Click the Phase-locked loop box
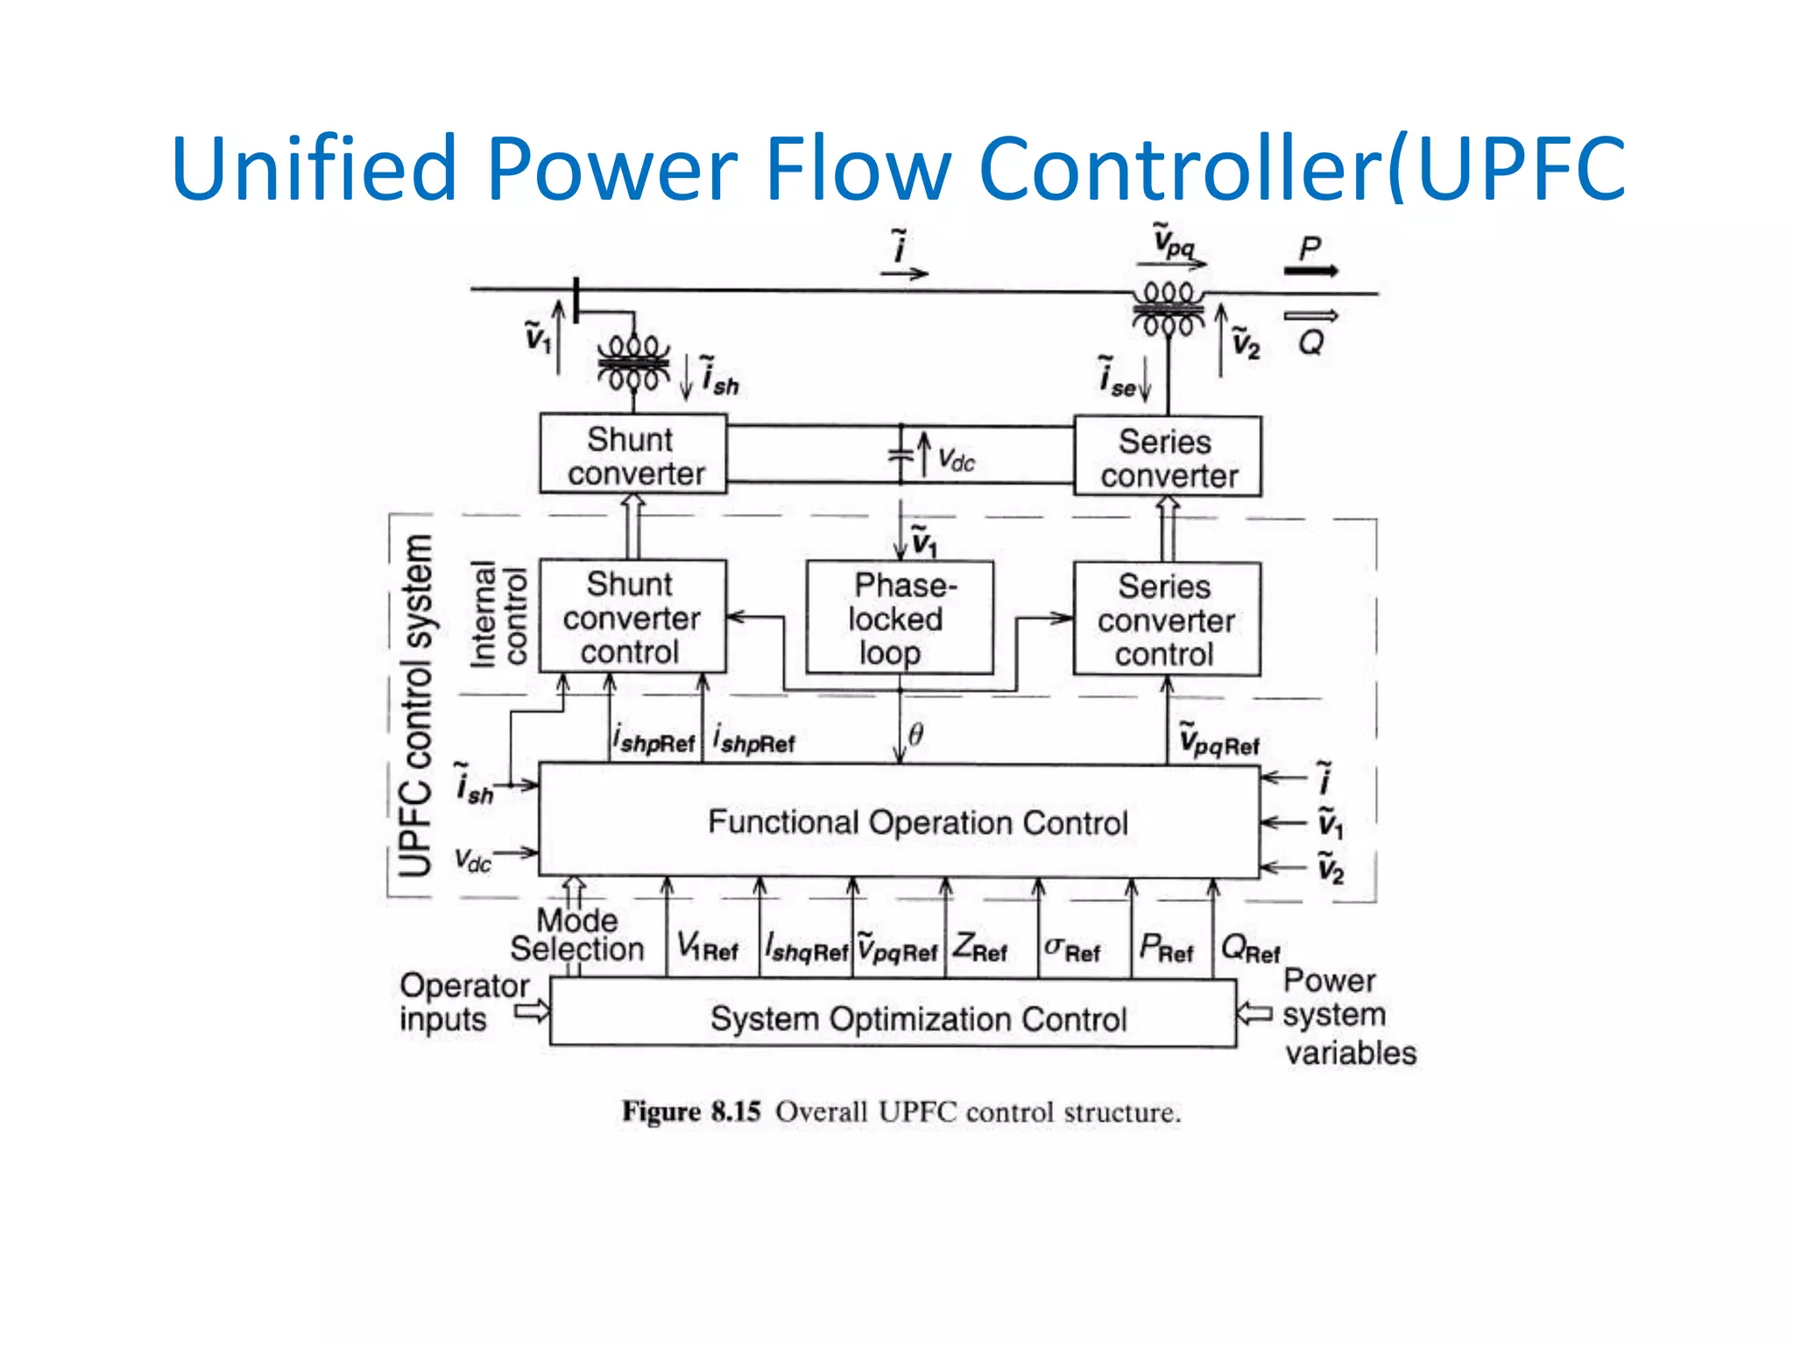[900, 618]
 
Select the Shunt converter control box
[632, 617]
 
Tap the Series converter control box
[1167, 619]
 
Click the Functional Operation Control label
[917, 822]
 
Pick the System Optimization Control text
[917, 1019]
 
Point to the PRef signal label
[1166, 948]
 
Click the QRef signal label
[1249, 948]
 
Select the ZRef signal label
[980, 948]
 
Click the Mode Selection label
[577, 934]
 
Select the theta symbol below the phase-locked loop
[915, 734]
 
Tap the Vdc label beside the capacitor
[956, 459]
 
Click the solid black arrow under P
[1310, 271]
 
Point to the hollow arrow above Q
[1310, 316]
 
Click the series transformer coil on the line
[1169, 308]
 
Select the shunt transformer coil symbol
[633, 363]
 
